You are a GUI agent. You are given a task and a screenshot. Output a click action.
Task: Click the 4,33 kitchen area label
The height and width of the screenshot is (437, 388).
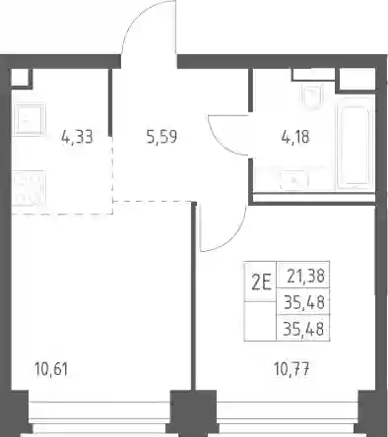point(77,137)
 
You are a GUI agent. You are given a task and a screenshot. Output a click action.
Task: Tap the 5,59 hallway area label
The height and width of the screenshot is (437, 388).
point(162,137)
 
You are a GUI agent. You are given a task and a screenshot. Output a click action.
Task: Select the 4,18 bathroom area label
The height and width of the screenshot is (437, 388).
point(295,137)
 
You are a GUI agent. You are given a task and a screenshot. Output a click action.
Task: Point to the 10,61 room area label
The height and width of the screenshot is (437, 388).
point(51,369)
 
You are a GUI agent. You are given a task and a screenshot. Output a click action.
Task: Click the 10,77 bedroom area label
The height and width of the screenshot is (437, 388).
point(292,369)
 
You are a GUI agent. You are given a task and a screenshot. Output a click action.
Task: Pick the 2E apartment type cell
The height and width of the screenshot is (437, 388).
point(261,282)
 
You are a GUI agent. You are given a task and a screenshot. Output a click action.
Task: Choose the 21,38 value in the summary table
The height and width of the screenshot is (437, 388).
point(305,277)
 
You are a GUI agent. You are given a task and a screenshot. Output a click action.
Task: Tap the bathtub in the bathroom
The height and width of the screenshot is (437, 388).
point(355,143)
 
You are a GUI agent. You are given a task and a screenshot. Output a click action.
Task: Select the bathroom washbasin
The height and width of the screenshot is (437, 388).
point(293,180)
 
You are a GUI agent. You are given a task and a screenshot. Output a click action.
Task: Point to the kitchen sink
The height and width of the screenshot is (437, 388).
point(29,119)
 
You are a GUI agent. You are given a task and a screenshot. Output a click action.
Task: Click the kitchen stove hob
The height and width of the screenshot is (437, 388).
point(28,188)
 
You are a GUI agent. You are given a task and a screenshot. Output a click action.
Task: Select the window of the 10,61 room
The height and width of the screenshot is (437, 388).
point(99,417)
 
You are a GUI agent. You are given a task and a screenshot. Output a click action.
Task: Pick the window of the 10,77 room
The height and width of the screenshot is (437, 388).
point(288,417)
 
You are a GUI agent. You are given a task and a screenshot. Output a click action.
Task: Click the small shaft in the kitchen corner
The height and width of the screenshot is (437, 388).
point(21,78)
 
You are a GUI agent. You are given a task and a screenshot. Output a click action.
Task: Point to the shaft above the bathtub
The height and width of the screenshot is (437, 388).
point(356,79)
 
